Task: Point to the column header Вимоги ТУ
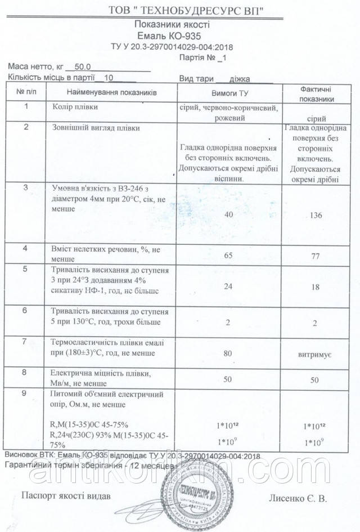229,93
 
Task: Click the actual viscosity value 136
315,216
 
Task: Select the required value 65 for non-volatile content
228,256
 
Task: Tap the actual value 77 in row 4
315,256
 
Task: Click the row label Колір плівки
69,106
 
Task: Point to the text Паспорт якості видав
62,496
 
